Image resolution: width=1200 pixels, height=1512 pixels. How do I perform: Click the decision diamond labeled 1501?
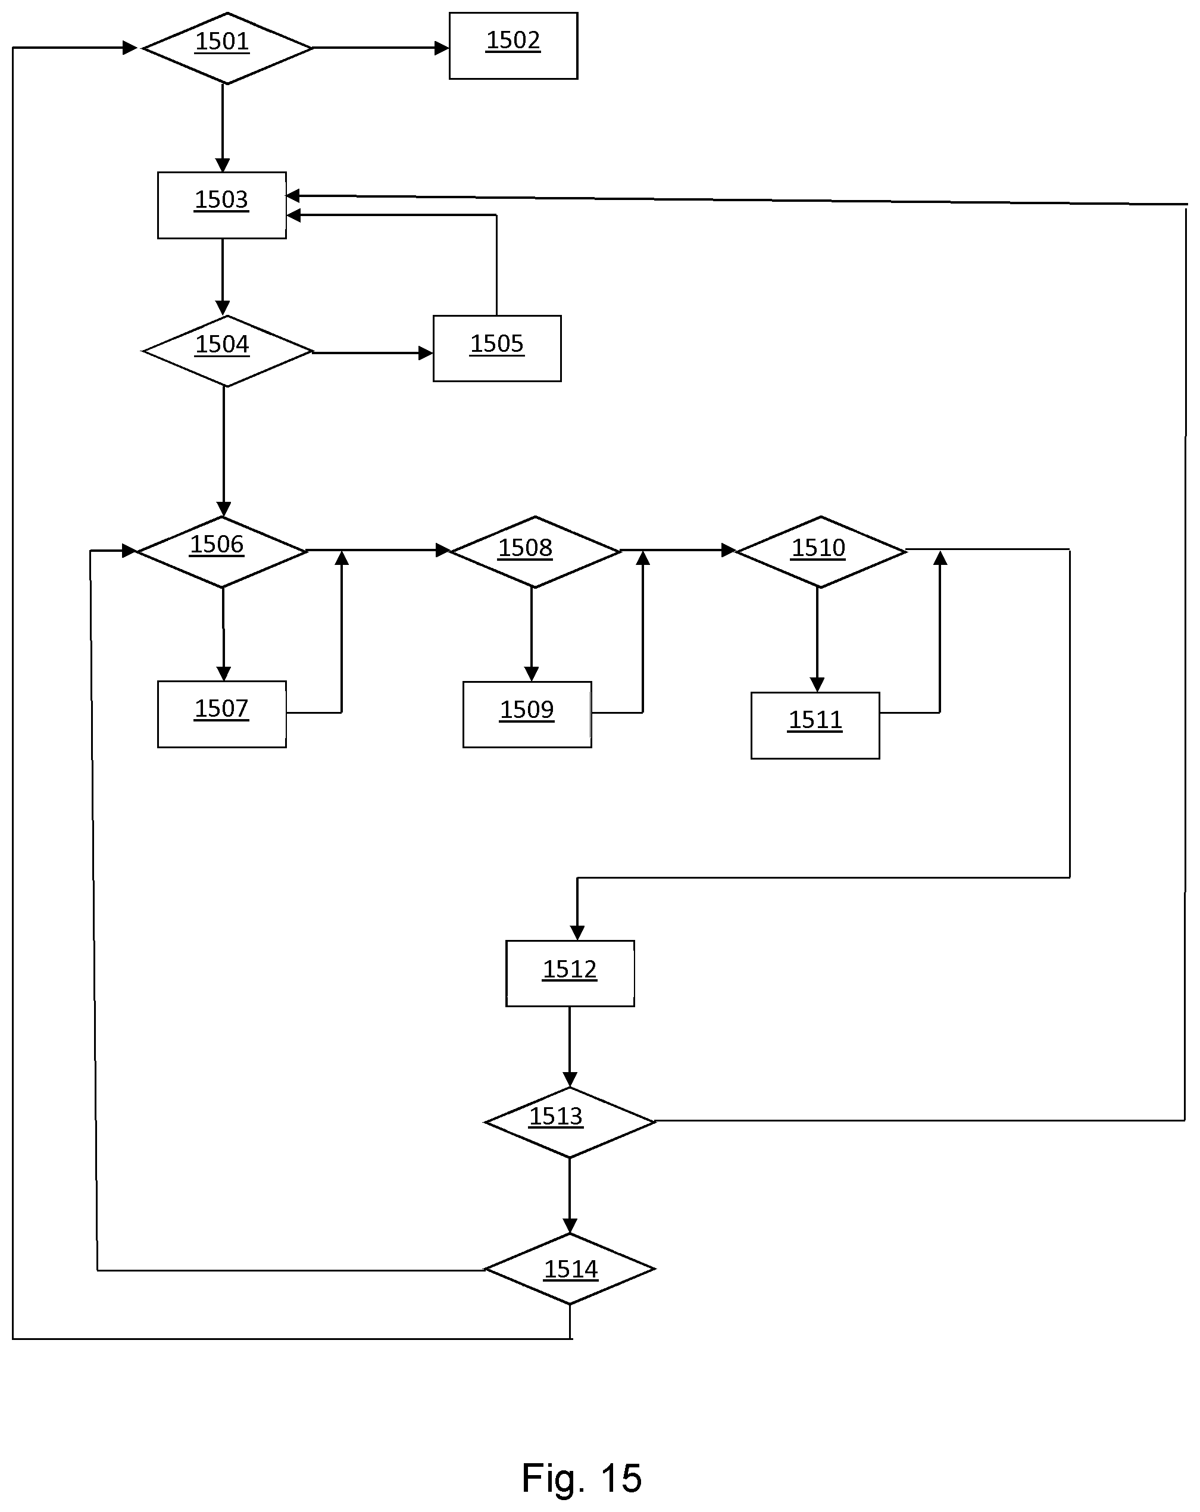(x=227, y=48)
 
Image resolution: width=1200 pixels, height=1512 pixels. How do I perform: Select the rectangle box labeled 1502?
(x=513, y=46)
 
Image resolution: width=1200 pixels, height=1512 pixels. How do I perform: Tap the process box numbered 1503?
(x=221, y=205)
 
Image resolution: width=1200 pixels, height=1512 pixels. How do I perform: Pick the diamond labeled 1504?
(x=227, y=351)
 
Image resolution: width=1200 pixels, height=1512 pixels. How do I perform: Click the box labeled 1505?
(x=497, y=349)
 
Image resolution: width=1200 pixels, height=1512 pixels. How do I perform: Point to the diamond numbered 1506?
(x=221, y=552)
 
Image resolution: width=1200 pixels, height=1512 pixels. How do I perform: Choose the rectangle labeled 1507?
(x=221, y=714)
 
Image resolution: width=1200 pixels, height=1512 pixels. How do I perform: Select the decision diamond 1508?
(x=535, y=552)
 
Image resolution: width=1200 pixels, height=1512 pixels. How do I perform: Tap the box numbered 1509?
(x=527, y=714)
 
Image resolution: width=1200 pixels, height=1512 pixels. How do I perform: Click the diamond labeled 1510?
(x=821, y=552)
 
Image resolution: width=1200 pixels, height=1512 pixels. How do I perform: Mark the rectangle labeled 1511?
(x=815, y=725)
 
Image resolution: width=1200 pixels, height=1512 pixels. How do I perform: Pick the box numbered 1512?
(x=570, y=973)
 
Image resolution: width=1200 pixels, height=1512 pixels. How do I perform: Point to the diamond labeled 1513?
(x=570, y=1122)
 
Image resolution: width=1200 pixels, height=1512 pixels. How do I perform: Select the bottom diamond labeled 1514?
(x=570, y=1269)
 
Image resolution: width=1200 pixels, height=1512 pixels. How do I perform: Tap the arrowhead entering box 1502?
(x=442, y=48)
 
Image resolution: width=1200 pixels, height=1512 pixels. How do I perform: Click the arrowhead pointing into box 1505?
(x=426, y=353)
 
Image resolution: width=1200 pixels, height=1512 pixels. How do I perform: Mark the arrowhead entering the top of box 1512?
(x=577, y=932)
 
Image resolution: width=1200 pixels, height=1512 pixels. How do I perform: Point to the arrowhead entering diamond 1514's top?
(x=570, y=1225)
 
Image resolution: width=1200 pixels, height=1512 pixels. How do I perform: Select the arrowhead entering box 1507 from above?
(x=224, y=673)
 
